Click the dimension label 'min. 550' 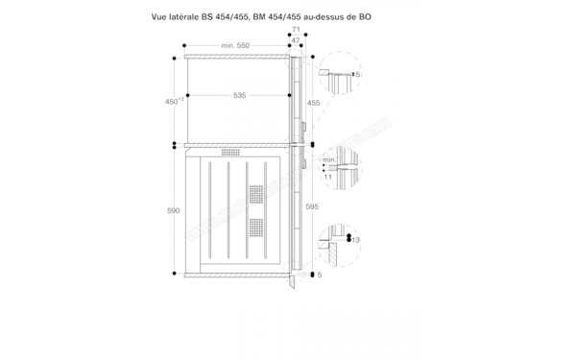(235, 46)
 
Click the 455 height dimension (313, 101)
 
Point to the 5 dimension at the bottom (321, 276)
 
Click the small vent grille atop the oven (231, 153)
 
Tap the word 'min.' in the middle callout (329, 159)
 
